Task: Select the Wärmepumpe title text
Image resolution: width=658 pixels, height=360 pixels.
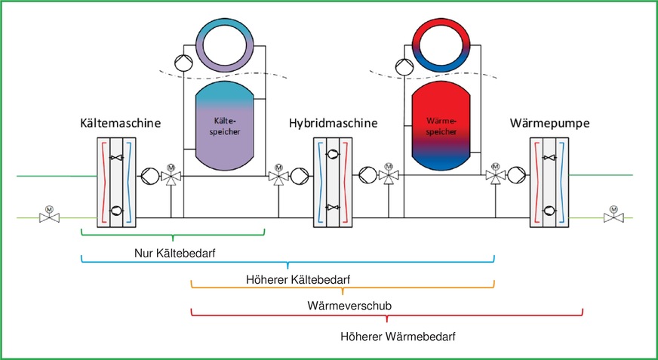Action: tap(549, 122)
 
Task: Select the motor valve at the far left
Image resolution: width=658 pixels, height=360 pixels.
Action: tap(51, 217)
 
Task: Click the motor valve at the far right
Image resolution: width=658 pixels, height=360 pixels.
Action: tap(613, 217)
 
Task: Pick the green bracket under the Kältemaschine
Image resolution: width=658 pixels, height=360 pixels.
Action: tap(173, 235)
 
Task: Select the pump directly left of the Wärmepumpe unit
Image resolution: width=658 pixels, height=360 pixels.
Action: tap(515, 177)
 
